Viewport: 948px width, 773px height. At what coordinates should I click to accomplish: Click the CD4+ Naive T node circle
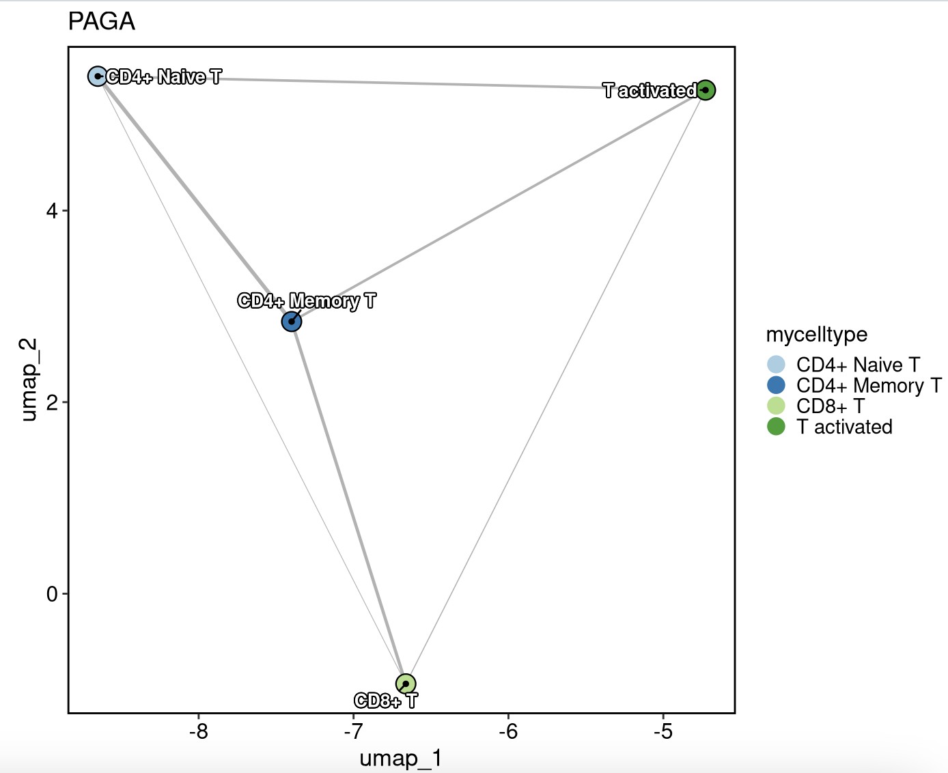tap(98, 76)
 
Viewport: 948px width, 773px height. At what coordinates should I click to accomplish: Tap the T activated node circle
tap(706, 89)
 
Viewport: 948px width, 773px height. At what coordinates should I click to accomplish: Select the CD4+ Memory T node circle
tap(292, 322)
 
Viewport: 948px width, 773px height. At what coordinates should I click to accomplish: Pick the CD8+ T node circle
tap(406, 684)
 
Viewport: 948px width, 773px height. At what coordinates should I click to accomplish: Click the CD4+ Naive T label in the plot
tap(164, 77)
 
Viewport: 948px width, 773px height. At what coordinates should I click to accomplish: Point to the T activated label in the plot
tap(649, 91)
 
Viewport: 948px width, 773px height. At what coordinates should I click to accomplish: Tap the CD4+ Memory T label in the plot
tap(307, 301)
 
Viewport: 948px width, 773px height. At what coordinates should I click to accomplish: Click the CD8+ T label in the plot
tap(386, 701)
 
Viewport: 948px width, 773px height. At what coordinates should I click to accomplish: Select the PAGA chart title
tap(102, 22)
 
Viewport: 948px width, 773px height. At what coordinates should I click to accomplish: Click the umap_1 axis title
tap(401, 758)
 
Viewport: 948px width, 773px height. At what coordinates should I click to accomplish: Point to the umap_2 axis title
tap(29, 380)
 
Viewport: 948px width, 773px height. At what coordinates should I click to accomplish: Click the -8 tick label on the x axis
tap(198, 731)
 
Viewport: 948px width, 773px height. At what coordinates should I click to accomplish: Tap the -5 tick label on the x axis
tap(663, 731)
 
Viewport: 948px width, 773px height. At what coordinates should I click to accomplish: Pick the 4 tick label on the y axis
tap(51, 211)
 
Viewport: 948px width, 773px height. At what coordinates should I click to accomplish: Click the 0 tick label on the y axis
tap(52, 594)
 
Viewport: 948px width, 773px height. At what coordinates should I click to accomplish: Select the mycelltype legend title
tap(817, 335)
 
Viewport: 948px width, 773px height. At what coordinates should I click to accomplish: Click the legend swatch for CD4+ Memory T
tap(776, 385)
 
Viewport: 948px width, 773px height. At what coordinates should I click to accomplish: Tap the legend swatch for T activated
tap(776, 427)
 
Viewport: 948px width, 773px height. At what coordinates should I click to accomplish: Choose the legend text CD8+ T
tap(831, 406)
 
